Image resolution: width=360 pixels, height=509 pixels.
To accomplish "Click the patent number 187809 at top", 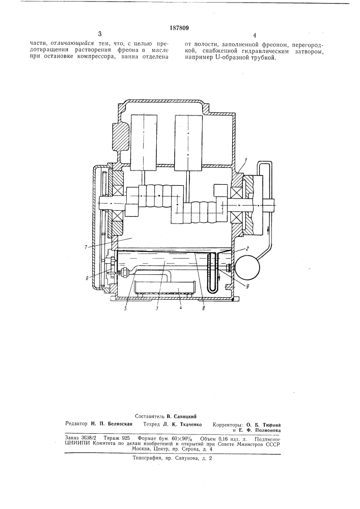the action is tap(179, 28).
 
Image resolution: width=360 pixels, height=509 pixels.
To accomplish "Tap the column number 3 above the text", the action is tap(99, 34).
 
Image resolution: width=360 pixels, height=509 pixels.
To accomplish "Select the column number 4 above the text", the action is tap(255, 36).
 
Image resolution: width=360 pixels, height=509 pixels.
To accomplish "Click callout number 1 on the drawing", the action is tap(247, 160).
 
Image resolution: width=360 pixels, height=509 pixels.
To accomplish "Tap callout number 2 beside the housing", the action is tap(247, 249).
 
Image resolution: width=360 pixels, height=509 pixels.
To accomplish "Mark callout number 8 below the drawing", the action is tap(204, 308).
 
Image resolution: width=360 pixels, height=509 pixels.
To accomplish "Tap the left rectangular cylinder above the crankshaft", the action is tap(144, 142).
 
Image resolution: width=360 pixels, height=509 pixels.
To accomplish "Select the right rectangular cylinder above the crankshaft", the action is tap(188, 142).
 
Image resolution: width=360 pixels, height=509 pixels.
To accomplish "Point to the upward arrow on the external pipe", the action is tap(268, 231).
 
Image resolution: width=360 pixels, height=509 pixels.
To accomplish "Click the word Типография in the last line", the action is tap(147, 459).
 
